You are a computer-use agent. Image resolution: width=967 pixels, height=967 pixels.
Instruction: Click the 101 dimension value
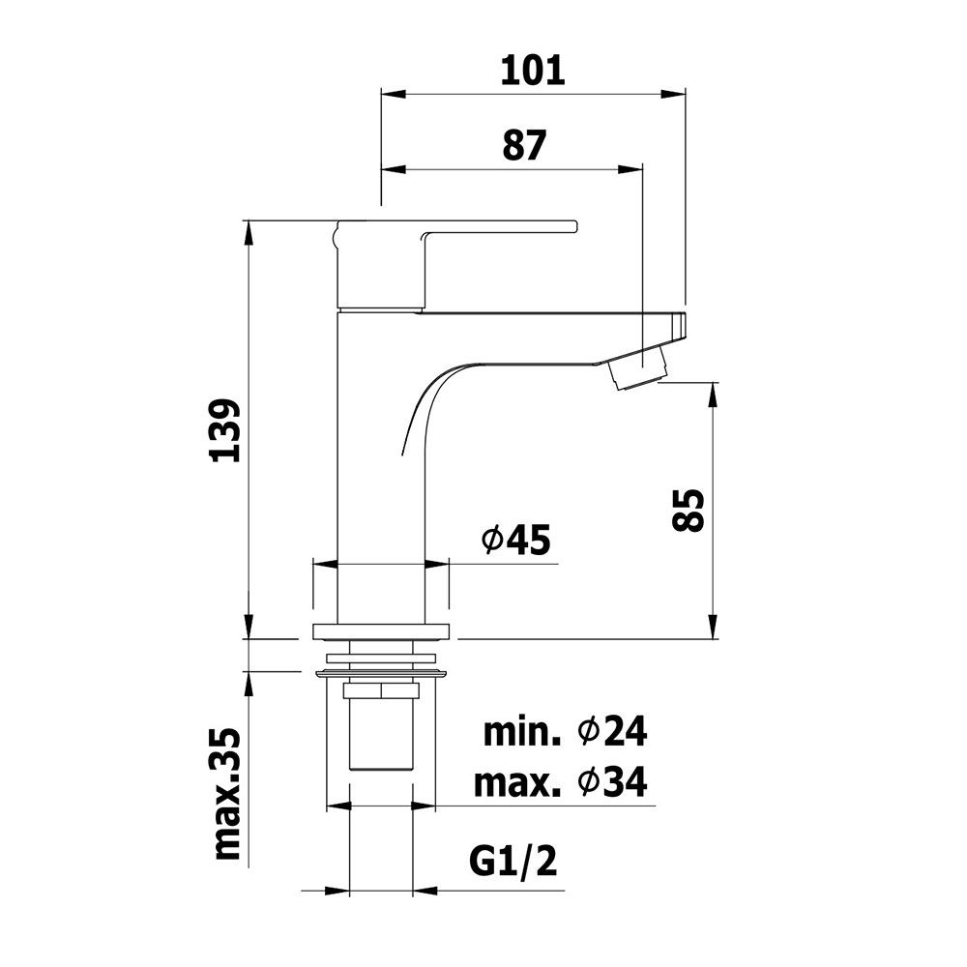pos(532,71)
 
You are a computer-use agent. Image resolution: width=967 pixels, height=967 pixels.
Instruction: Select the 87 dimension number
pos(524,145)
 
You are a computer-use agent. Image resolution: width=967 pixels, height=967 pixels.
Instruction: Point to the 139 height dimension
pos(224,430)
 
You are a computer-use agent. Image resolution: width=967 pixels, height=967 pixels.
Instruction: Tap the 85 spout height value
pos(687,510)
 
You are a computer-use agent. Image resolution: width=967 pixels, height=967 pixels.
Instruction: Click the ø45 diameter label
pos(515,541)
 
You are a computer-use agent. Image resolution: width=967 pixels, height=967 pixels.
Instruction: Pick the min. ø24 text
pos(565,733)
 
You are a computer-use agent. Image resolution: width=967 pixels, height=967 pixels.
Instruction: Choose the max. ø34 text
pos(561,782)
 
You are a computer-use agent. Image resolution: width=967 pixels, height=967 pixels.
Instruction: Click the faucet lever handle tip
pos(573,226)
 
